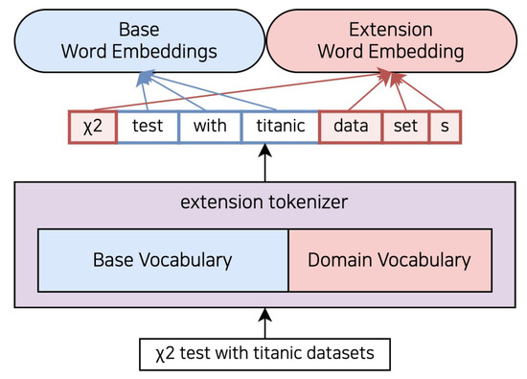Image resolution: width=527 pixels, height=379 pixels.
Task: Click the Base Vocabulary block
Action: [162, 260]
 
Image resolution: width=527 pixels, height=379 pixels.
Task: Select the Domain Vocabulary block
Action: [390, 260]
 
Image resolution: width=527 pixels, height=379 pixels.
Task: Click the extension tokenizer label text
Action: [263, 202]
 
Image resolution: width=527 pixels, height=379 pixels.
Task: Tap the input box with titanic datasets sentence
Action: [263, 355]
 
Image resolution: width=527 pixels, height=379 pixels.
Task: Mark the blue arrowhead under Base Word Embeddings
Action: [144, 76]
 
